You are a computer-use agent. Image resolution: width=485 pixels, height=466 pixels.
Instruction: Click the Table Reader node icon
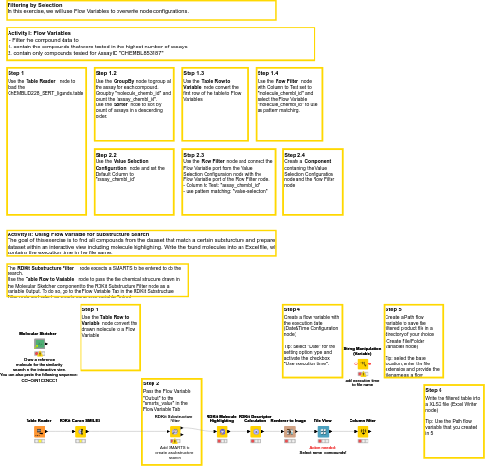tap(40, 431)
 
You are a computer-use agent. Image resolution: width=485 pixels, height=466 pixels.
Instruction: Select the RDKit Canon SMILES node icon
tap(81, 431)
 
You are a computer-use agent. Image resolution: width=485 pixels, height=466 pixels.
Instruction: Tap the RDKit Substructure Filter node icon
tap(174, 431)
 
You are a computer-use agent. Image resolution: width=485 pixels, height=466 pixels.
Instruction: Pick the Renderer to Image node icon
tap(289, 431)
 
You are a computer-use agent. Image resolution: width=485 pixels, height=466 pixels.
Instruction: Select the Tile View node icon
tap(323, 431)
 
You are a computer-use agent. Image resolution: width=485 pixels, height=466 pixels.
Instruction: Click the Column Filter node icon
tap(363, 431)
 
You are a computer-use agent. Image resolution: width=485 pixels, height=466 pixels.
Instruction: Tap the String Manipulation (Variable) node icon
tap(363, 363)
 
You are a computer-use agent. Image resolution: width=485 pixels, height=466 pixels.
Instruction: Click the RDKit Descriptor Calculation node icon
tap(256, 431)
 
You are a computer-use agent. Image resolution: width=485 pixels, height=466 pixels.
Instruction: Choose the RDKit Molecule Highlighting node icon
tap(222, 431)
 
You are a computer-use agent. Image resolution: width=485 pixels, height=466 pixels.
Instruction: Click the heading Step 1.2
tap(106, 73)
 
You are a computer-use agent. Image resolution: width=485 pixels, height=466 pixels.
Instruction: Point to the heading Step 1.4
tap(268, 73)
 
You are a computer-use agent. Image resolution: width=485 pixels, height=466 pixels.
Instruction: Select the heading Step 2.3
tap(193, 154)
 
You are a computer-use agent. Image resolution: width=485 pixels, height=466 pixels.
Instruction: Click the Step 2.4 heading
tap(295, 154)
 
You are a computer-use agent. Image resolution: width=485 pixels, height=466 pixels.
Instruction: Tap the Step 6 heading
tap(434, 390)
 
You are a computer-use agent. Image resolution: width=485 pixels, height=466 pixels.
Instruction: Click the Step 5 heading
tap(393, 309)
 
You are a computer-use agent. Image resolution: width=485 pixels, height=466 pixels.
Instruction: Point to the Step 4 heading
tap(293, 309)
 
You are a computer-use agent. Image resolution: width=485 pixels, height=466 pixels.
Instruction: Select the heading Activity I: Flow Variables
tap(39, 32)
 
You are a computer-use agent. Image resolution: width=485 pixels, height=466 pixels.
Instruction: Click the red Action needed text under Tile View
tap(323, 447)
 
